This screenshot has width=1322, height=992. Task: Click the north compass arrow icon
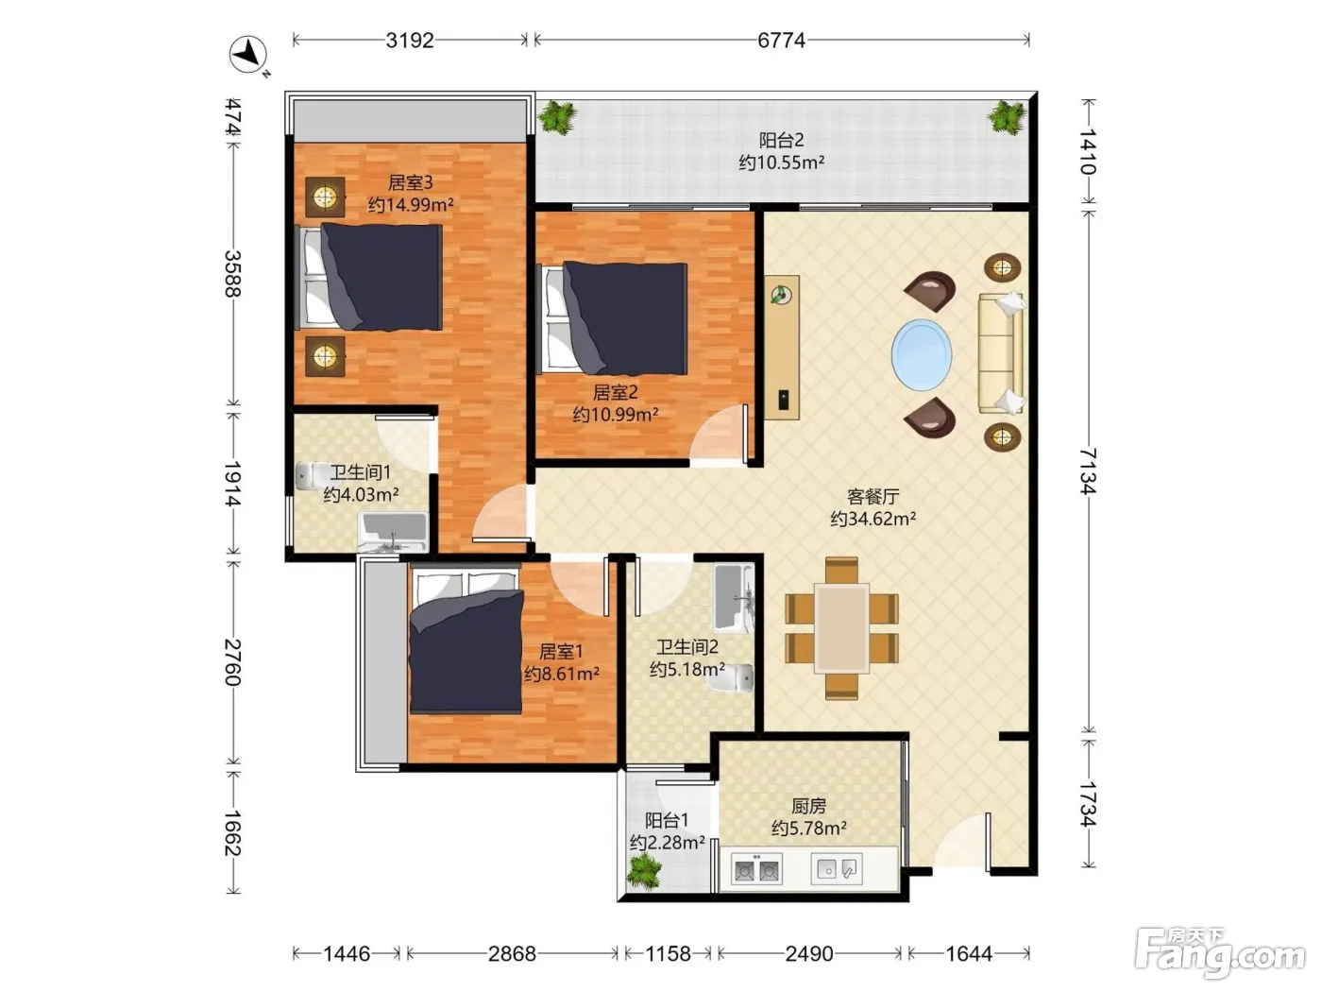pyautogui.click(x=248, y=55)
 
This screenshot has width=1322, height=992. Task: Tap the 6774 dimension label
pyautogui.click(x=781, y=41)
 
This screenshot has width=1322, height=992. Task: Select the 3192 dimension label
pyautogui.click(x=410, y=41)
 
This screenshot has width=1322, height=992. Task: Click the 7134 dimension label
pyautogui.click(x=1087, y=471)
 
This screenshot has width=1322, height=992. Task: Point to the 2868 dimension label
pyautogui.click(x=512, y=953)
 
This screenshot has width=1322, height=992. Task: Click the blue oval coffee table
pyautogui.click(x=922, y=355)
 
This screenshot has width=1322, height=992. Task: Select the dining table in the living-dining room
pyautogui.click(x=841, y=628)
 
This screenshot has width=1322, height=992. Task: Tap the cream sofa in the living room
pyautogui.click(x=1001, y=353)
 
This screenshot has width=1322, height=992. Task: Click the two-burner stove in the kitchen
pyautogui.click(x=755, y=869)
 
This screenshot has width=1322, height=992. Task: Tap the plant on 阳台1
pyautogui.click(x=644, y=871)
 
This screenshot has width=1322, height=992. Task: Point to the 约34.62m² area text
pyautogui.click(x=873, y=519)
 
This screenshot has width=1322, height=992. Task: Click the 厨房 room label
pyautogui.click(x=808, y=805)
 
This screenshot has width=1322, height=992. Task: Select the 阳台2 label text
pyautogui.click(x=781, y=141)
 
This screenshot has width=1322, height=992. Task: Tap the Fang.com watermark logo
pyautogui.click(x=1220, y=953)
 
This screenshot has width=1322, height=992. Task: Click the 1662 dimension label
pyautogui.click(x=232, y=833)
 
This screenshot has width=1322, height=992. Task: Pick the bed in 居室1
pyautogui.click(x=466, y=641)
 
